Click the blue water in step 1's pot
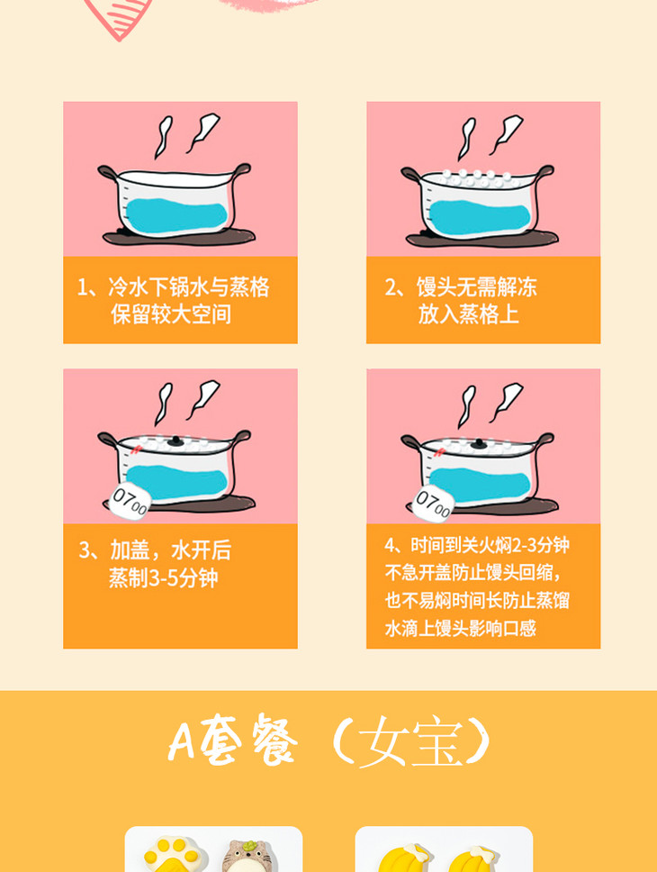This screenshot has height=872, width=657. point(176,216)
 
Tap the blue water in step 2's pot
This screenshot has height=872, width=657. point(480,217)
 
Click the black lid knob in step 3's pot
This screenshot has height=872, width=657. point(176,441)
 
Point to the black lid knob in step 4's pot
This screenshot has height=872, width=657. point(479,443)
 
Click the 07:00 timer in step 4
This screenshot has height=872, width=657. point(433,503)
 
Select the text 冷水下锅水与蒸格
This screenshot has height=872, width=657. point(188,287)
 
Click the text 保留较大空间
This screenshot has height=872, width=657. point(171,314)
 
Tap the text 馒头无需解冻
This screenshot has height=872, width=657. point(476,287)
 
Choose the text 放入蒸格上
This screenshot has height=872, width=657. point(468,314)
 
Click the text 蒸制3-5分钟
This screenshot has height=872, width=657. point(163,578)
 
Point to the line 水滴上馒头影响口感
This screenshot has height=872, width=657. point(460,629)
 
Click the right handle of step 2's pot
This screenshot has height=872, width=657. point(544,172)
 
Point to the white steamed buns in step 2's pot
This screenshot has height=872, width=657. point(477,178)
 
